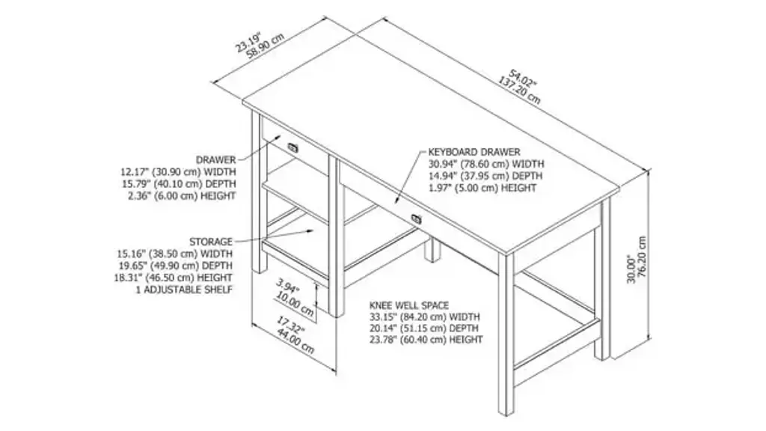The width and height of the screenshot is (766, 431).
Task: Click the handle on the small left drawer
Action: (293, 147)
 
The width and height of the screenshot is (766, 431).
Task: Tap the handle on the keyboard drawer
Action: (416, 219)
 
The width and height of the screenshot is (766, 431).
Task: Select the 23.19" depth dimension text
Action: (248, 41)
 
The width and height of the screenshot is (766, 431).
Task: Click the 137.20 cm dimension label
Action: (519, 90)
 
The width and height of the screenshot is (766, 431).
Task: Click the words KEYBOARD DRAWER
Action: (474, 152)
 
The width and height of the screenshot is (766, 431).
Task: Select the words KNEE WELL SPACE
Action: (409, 305)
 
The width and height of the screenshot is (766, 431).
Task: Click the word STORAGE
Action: (211, 242)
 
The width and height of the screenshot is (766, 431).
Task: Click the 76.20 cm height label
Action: (643, 257)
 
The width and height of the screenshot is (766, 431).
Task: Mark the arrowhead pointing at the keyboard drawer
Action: (396, 200)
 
